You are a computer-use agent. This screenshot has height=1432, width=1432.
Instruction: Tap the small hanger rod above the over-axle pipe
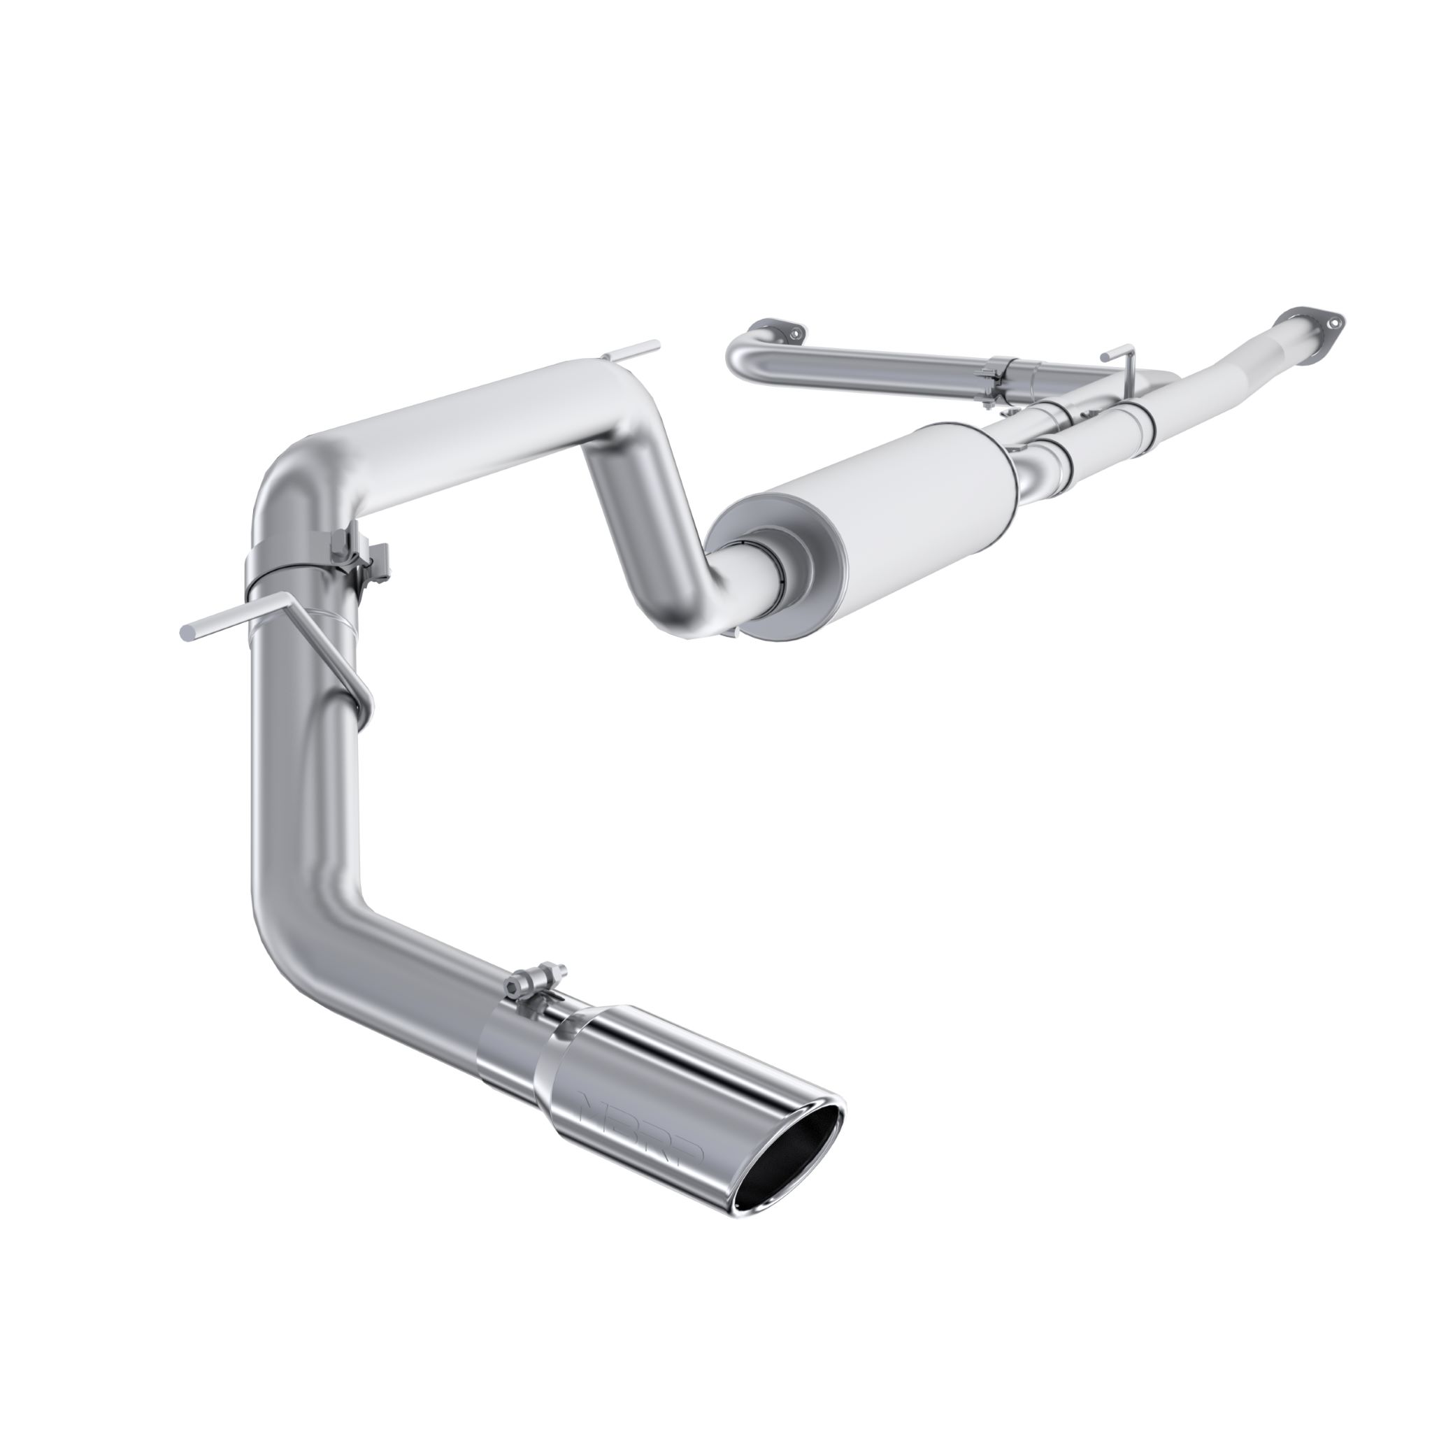coord(630,352)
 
